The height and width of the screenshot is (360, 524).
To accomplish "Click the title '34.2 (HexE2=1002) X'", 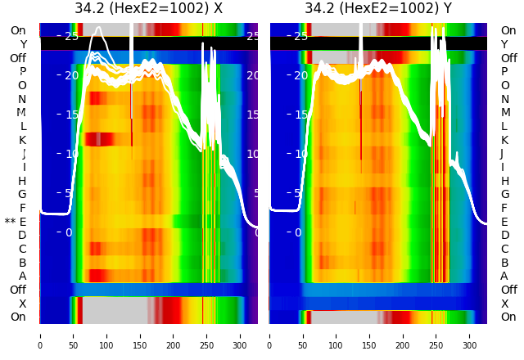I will (148, 9).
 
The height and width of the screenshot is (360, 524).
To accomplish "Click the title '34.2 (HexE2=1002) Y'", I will (378, 9).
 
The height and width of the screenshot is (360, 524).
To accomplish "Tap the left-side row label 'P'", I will (23, 72).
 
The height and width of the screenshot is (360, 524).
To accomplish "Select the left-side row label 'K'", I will (23, 140).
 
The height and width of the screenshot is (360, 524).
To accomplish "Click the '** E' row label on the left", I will (16, 222).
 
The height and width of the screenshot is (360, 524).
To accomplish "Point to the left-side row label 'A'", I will (23, 276).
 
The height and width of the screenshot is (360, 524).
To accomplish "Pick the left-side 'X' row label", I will (23, 304).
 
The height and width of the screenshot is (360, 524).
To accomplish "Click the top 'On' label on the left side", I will (18, 31).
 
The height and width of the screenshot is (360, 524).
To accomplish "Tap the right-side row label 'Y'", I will (504, 44).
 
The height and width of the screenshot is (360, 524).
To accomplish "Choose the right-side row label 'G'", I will (504, 194).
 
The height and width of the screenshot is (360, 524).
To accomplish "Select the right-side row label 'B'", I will (504, 263).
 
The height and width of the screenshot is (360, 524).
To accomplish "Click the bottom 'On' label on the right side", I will (508, 317).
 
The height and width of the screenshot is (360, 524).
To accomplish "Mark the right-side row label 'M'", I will (505, 113).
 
